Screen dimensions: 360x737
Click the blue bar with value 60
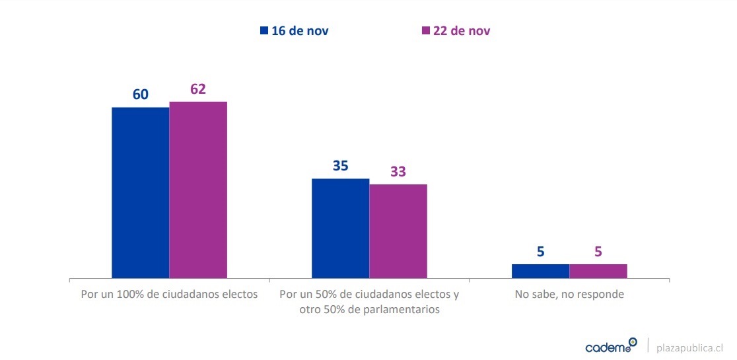tap(140, 192)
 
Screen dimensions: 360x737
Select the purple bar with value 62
tap(198, 190)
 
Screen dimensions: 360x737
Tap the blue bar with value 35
tap(340, 228)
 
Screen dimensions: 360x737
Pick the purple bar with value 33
tap(398, 231)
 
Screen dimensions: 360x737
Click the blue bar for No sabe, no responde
tap(540, 271)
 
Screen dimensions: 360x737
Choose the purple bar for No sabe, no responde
tap(598, 271)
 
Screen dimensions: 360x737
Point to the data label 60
tap(141, 94)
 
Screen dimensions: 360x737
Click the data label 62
tap(198, 89)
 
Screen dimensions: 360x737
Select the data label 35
tap(340, 166)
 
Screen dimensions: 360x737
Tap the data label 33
tap(398, 172)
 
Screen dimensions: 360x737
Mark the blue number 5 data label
tap(540, 252)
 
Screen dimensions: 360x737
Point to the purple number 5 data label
tap(598, 252)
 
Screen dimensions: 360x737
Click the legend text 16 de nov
tap(300, 30)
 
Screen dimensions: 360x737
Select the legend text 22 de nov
tap(462, 30)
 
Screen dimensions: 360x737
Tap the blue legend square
tap(264, 30)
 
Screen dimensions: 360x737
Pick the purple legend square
tap(426, 30)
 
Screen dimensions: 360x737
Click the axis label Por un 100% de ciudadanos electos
tap(169, 294)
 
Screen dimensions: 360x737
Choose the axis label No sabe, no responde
tap(569, 294)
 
